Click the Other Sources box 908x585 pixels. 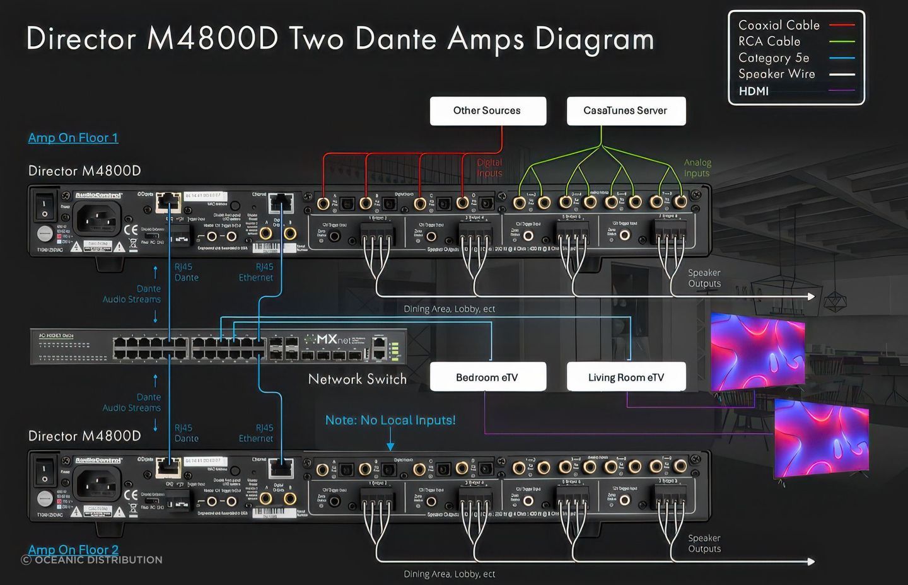coord(487,111)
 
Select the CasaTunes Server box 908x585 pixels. coord(626,111)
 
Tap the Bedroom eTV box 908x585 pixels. coord(487,377)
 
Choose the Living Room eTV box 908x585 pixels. coord(626,377)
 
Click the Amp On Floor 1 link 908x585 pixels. coord(73,138)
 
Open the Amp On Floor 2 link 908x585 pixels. coord(73,550)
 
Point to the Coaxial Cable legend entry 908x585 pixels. coord(779,25)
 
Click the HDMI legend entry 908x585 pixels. coord(754,91)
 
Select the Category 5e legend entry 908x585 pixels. coord(774,58)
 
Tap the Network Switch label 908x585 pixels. coord(357,379)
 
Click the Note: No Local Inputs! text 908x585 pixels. coord(390,420)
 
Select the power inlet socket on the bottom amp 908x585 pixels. coord(98,484)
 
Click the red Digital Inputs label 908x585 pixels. coord(489,168)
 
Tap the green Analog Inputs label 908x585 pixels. coord(697,168)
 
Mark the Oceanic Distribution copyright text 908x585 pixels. coord(92,560)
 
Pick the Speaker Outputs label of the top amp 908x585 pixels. coord(704,278)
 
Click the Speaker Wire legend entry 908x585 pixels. coord(777,74)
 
